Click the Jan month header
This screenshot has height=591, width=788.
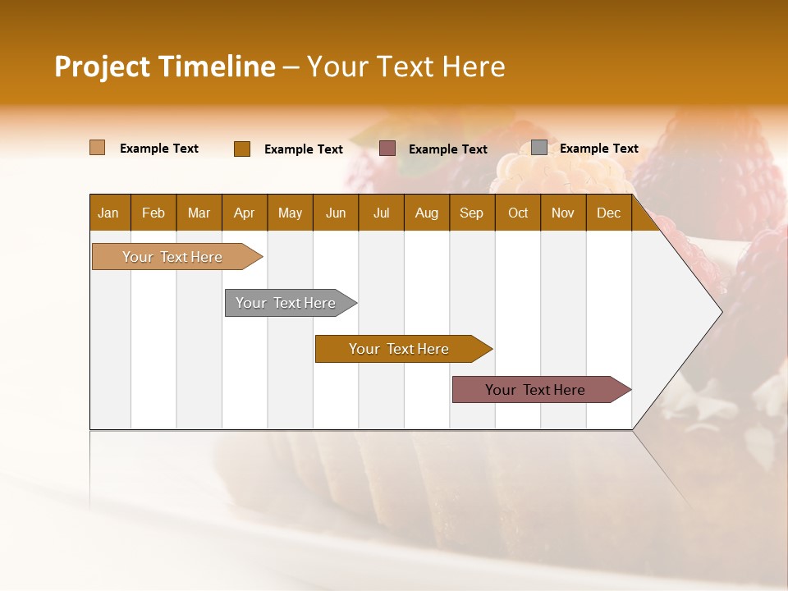click(x=108, y=213)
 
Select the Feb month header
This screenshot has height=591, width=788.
click(x=153, y=213)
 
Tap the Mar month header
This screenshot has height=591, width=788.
click(x=199, y=213)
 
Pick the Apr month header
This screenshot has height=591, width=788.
click(x=245, y=213)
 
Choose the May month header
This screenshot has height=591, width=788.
click(x=290, y=213)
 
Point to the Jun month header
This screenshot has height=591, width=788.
click(x=336, y=213)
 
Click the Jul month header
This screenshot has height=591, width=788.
click(x=381, y=213)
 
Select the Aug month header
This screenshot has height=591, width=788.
click(x=427, y=213)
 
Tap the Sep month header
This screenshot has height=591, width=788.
click(x=472, y=213)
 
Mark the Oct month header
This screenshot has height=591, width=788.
click(x=518, y=213)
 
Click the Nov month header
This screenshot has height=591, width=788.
click(x=563, y=213)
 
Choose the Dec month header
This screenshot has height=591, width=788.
click(x=609, y=213)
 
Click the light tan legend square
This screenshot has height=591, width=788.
click(x=98, y=148)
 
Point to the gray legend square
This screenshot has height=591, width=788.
click(x=539, y=148)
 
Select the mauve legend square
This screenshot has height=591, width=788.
click(x=387, y=149)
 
